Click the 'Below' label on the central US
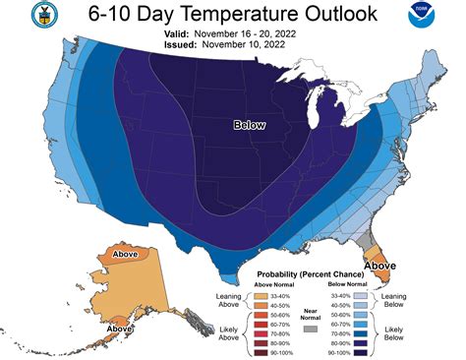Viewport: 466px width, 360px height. (250, 125)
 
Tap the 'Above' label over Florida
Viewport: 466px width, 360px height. (381, 264)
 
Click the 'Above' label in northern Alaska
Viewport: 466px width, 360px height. (127, 254)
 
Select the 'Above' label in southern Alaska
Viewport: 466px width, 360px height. (121, 328)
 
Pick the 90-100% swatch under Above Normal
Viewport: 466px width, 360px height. (262, 352)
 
